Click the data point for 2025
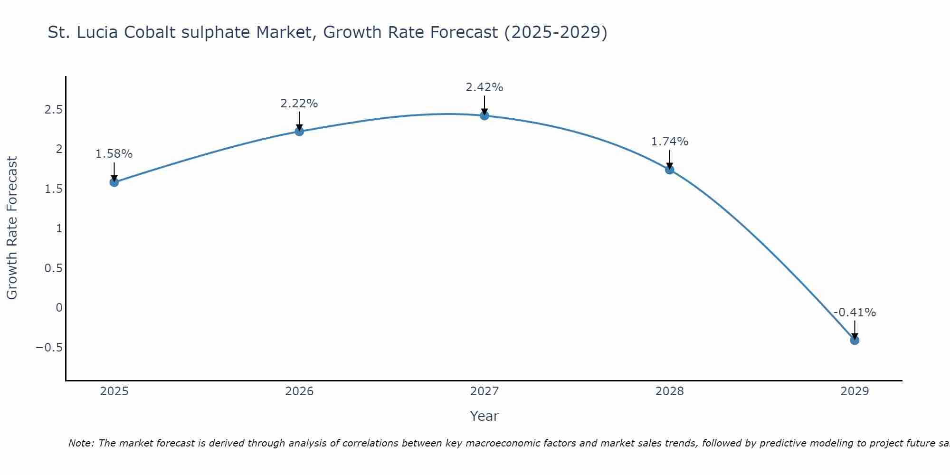pyautogui.click(x=114, y=182)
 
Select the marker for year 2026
pyautogui.click(x=299, y=131)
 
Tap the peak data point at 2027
pyautogui.click(x=484, y=115)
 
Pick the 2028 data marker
pyautogui.click(x=670, y=170)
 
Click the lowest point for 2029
pyautogui.click(x=855, y=340)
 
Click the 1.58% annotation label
pyautogui.click(x=114, y=154)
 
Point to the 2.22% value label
pyautogui.click(x=299, y=103)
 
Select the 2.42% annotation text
pyautogui.click(x=484, y=87)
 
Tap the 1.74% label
pyautogui.click(x=670, y=142)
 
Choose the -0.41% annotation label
pyautogui.click(x=855, y=313)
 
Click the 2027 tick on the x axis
pyautogui.click(x=484, y=391)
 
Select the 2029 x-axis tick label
pyautogui.click(x=855, y=391)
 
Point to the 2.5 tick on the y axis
pyautogui.click(x=54, y=110)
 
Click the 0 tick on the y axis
pyautogui.click(x=59, y=307)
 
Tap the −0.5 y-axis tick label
pyautogui.click(x=49, y=347)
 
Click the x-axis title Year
pyautogui.click(x=484, y=416)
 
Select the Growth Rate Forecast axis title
pyautogui.click(x=12, y=228)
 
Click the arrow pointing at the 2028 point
pyautogui.click(x=670, y=159)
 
